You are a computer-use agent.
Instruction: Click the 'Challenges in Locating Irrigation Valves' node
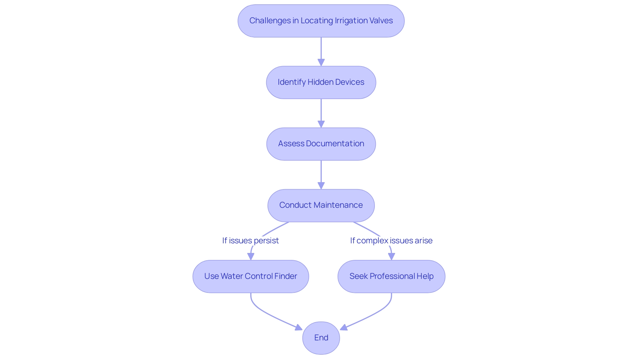[321, 21]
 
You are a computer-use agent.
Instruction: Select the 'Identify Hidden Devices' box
[321, 82]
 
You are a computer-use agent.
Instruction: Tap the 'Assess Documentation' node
[321, 144]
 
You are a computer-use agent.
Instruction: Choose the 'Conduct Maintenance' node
[321, 205]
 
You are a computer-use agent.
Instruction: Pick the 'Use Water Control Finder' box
[251, 276]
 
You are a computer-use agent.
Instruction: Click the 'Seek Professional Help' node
[391, 276]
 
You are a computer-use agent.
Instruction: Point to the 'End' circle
[321, 338]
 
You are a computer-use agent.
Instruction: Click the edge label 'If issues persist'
[251, 240]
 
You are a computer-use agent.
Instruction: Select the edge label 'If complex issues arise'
[391, 240]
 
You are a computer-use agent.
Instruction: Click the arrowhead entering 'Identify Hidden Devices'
[321, 62]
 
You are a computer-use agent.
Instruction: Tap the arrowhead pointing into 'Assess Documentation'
[321, 124]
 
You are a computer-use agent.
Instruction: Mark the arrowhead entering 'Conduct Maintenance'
[321, 185]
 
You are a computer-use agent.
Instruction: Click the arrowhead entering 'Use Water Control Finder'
[251, 256]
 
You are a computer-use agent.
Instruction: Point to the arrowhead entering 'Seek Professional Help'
[392, 256]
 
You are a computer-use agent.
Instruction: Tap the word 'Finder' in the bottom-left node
[286, 276]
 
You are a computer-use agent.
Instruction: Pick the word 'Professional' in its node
[392, 276]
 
